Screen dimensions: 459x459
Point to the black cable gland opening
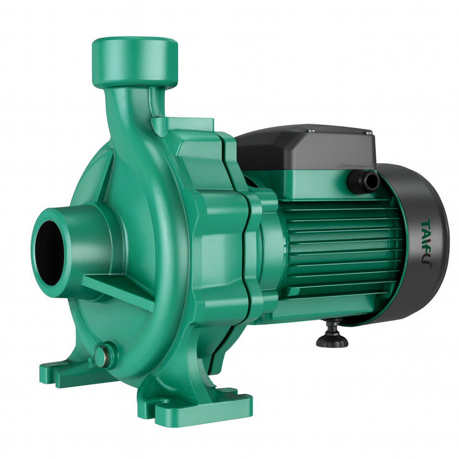pyautogui.click(x=370, y=182)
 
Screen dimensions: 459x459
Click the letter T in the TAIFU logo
pyautogui.click(x=426, y=225)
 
